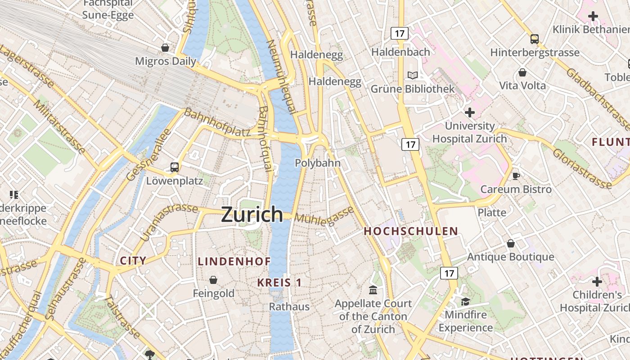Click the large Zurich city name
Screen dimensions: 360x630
pyautogui.click(x=252, y=215)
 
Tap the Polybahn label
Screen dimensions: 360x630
pyautogui.click(x=318, y=163)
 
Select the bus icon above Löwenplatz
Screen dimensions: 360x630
pyautogui.click(x=175, y=167)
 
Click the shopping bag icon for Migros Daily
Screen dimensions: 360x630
pyautogui.click(x=165, y=48)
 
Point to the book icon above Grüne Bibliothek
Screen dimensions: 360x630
pyautogui.click(x=413, y=75)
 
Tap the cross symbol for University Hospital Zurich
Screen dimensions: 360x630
pyautogui.click(x=470, y=112)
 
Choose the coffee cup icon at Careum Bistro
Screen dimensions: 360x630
pyautogui.click(x=516, y=175)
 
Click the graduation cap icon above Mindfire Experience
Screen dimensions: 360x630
pyautogui.click(x=465, y=301)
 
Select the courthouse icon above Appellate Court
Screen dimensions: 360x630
pyautogui.click(x=373, y=290)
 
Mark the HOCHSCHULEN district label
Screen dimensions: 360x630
pyautogui.click(x=411, y=231)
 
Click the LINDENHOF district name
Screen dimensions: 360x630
pyautogui.click(x=234, y=261)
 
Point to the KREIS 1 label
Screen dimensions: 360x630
pyautogui.click(x=279, y=283)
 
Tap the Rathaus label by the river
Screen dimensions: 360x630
pyautogui.click(x=289, y=307)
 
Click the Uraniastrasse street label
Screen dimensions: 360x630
pyautogui.click(x=169, y=221)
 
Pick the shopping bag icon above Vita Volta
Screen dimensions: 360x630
pyautogui.click(x=522, y=72)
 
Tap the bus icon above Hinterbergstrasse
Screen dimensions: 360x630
pyautogui.click(x=535, y=39)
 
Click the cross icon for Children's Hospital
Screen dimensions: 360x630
pyautogui.click(x=597, y=282)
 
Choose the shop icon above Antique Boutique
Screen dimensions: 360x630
pyautogui.click(x=511, y=243)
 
